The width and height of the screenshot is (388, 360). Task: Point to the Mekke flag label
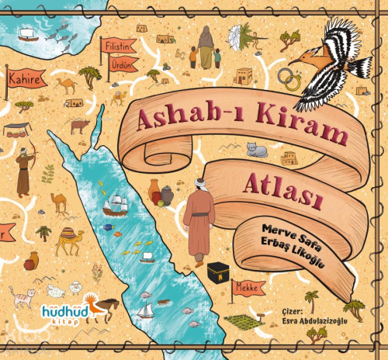pyautogui.click(x=249, y=288)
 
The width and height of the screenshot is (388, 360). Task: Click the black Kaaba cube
pyautogui.click(x=217, y=272)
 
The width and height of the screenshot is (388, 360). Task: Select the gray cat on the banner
pyautogui.click(x=257, y=149)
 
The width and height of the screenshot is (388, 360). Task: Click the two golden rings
pyautogui.click(x=288, y=78)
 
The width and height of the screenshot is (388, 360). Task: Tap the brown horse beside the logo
pyautogui.click(x=106, y=307)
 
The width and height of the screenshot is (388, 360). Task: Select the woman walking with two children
pyautogui.click(x=205, y=47)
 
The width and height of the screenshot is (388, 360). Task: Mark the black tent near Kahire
pyautogui.click(x=18, y=130)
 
